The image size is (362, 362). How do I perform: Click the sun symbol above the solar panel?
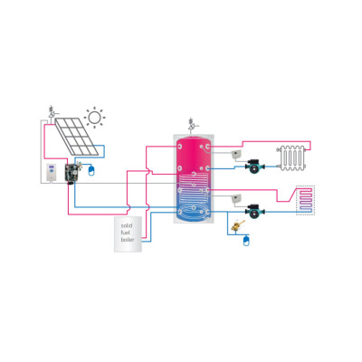pos(94,117)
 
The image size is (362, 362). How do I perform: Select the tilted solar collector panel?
pos(77,136)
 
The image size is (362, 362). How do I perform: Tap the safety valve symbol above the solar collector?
pos(52,112)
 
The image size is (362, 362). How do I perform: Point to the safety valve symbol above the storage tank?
pos(192,124)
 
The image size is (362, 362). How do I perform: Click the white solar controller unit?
pos(51,173)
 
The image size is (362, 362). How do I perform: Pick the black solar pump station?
pos(71,173)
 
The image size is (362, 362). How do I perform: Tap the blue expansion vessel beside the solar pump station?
pos(91,170)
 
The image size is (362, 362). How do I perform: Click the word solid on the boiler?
pos(127,225)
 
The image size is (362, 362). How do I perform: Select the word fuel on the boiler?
pos(125,233)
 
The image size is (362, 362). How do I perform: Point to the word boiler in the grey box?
pos(128,240)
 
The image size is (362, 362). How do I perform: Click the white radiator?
pos(292,158)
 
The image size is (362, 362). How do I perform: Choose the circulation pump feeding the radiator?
pos(255,166)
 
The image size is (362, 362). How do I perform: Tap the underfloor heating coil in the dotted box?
pos(305,200)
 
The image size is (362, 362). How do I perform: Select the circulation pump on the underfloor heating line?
pos(255,211)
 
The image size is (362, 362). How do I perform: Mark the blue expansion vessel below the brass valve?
pos(247,241)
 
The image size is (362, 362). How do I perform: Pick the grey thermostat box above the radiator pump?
pos(236,155)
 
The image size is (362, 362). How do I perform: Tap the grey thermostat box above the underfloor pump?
pos(236,198)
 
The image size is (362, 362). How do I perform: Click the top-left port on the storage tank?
pos(180,147)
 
